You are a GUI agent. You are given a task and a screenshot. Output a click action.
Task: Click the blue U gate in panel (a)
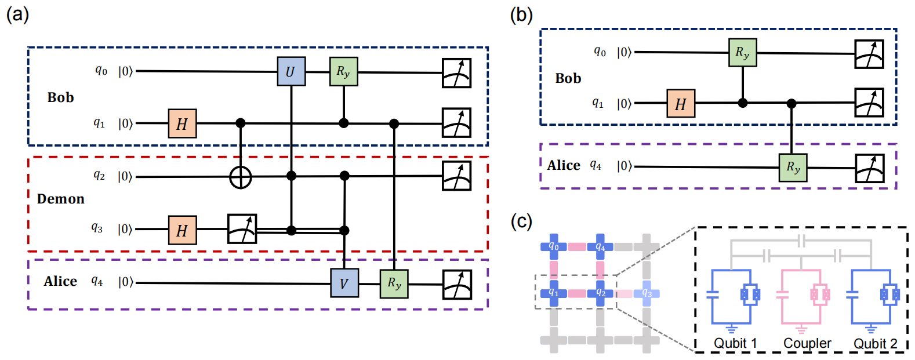coord(291,71)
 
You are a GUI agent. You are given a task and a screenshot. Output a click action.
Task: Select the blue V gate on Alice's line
coord(344,283)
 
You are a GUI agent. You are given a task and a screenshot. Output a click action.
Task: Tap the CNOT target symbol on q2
coord(241,177)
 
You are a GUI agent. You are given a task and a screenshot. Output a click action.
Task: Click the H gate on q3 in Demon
coord(182,230)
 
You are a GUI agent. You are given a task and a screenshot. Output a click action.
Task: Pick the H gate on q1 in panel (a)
coord(182,123)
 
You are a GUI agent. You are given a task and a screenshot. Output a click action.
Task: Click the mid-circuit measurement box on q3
coord(242,229)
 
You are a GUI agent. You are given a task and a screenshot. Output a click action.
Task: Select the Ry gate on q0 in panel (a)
coord(343,71)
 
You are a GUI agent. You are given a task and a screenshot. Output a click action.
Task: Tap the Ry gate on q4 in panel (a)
coord(394,283)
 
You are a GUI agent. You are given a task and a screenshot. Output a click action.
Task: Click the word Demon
coord(61,199)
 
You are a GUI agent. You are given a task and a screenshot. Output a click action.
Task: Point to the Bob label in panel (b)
coord(568,78)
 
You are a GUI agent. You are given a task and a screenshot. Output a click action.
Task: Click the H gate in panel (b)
coord(680,104)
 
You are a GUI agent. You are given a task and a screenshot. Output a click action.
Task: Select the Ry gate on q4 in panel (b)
coord(793,167)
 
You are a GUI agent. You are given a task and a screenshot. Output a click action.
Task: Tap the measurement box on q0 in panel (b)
coord(869,54)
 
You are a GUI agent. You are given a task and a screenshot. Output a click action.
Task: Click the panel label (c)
coord(521,221)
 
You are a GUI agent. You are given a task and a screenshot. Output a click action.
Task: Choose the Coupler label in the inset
coord(807,343)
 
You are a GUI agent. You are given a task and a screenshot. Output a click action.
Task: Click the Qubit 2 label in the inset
coord(875,343)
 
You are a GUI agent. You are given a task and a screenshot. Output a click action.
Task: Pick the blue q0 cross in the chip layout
coord(554,247)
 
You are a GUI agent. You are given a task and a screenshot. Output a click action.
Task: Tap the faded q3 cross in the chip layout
coord(647,293)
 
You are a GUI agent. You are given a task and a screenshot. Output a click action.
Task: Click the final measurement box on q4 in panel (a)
coord(457,284)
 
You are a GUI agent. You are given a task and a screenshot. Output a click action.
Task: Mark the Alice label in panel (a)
coord(60,281)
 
